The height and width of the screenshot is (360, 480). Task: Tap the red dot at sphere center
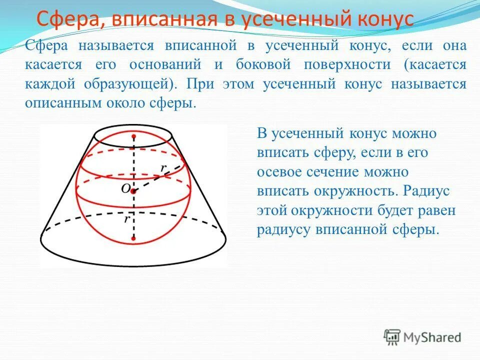[133, 191]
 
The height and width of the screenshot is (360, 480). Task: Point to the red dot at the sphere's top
[133, 136]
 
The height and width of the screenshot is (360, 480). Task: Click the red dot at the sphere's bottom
[133, 238]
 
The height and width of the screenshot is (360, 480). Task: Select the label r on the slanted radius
[163, 168]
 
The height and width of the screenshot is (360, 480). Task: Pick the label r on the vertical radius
[128, 218]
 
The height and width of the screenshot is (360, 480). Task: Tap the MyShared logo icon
[392, 337]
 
